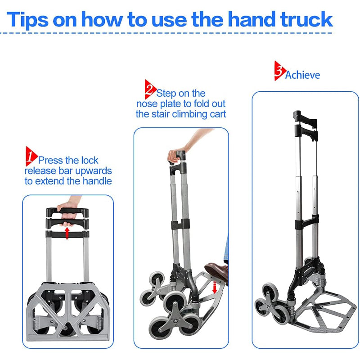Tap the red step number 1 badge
click(x=30, y=156)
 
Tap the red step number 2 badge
click(x=150, y=90)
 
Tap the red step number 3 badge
click(x=279, y=71)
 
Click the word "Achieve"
click(x=302, y=75)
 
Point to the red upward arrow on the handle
click(x=67, y=233)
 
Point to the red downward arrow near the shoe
click(x=214, y=286)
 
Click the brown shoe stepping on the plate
click(x=217, y=271)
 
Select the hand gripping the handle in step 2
click(x=176, y=155)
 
